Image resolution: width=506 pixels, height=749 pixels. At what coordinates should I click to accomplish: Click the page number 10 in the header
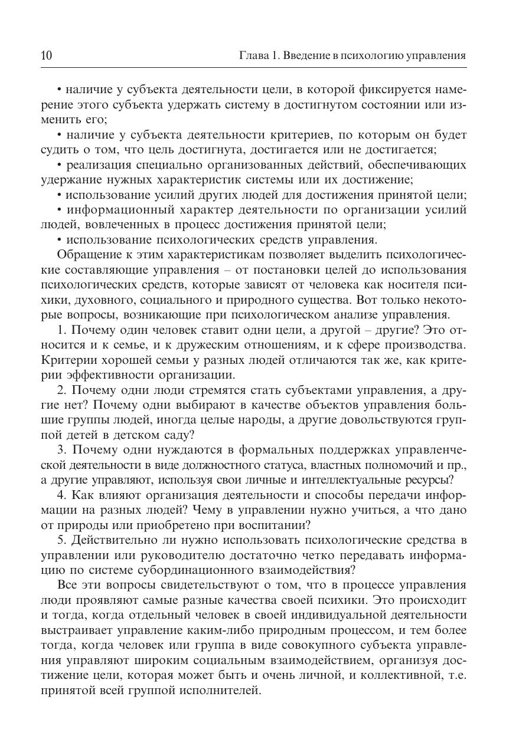pos(47,56)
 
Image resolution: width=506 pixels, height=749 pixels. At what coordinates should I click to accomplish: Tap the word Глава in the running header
pos(251,56)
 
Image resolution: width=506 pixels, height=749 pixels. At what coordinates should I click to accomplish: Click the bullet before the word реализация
pos(60,165)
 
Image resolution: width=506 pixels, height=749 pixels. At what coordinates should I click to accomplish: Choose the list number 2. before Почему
pos(62,390)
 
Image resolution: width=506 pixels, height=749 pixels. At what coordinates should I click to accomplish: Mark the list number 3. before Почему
pos(62,450)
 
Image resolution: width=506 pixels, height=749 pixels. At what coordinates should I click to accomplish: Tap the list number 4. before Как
pos(62,495)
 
